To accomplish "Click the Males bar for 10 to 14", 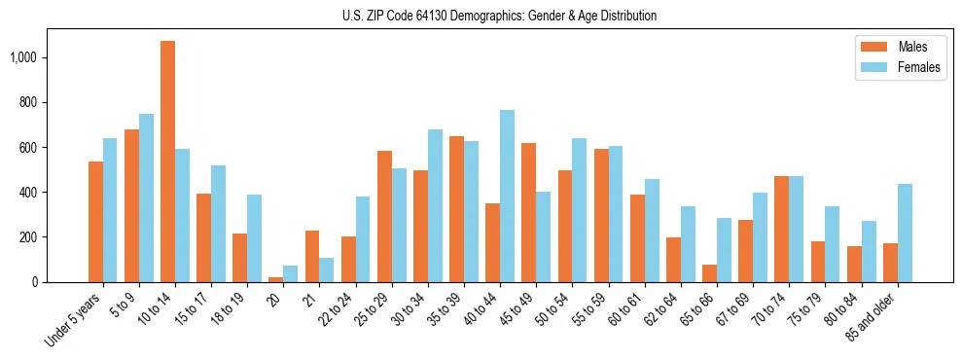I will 167,162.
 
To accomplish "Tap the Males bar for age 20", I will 276,279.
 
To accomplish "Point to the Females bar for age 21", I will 327,270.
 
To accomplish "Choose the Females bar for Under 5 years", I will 110,210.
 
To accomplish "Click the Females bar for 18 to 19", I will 254,238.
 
